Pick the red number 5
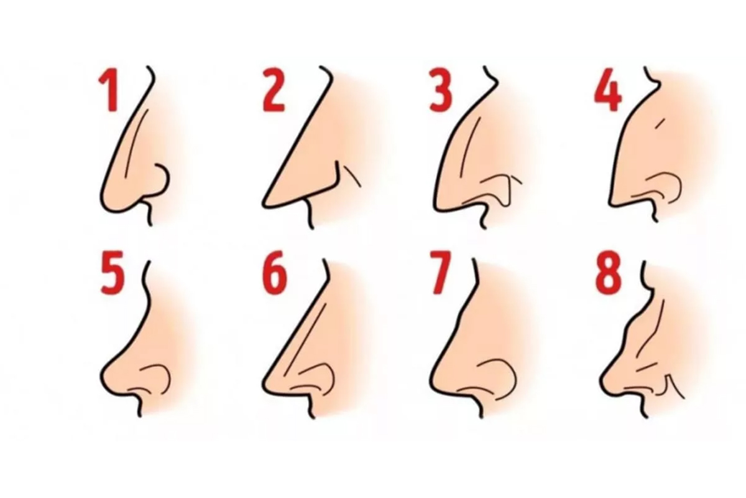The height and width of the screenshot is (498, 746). [113, 273]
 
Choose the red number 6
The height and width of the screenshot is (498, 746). [275, 273]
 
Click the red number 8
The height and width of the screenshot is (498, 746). [608, 273]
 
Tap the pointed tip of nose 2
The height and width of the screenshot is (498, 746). [265, 202]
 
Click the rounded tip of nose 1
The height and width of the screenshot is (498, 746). [106, 204]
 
